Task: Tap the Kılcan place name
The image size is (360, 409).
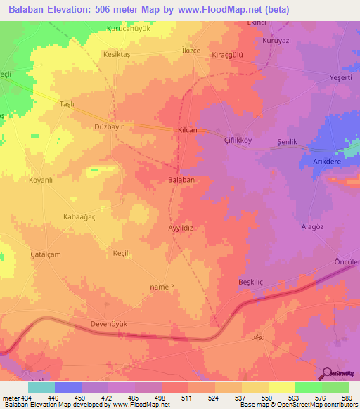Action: click(x=186, y=131)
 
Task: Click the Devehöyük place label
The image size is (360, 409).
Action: click(x=92, y=324)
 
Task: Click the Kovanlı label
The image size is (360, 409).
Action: click(x=41, y=181)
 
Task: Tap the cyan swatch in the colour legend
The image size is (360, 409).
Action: click(x=41, y=387)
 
